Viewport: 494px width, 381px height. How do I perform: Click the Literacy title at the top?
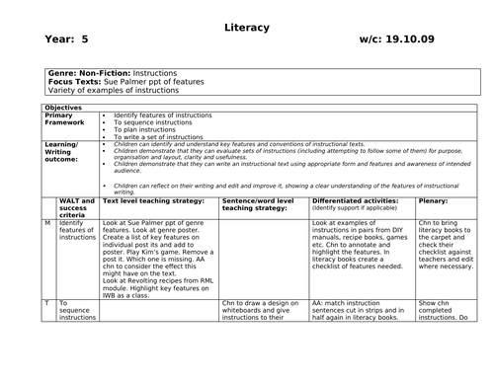[246, 27]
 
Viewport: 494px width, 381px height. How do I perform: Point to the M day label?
[46, 224]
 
